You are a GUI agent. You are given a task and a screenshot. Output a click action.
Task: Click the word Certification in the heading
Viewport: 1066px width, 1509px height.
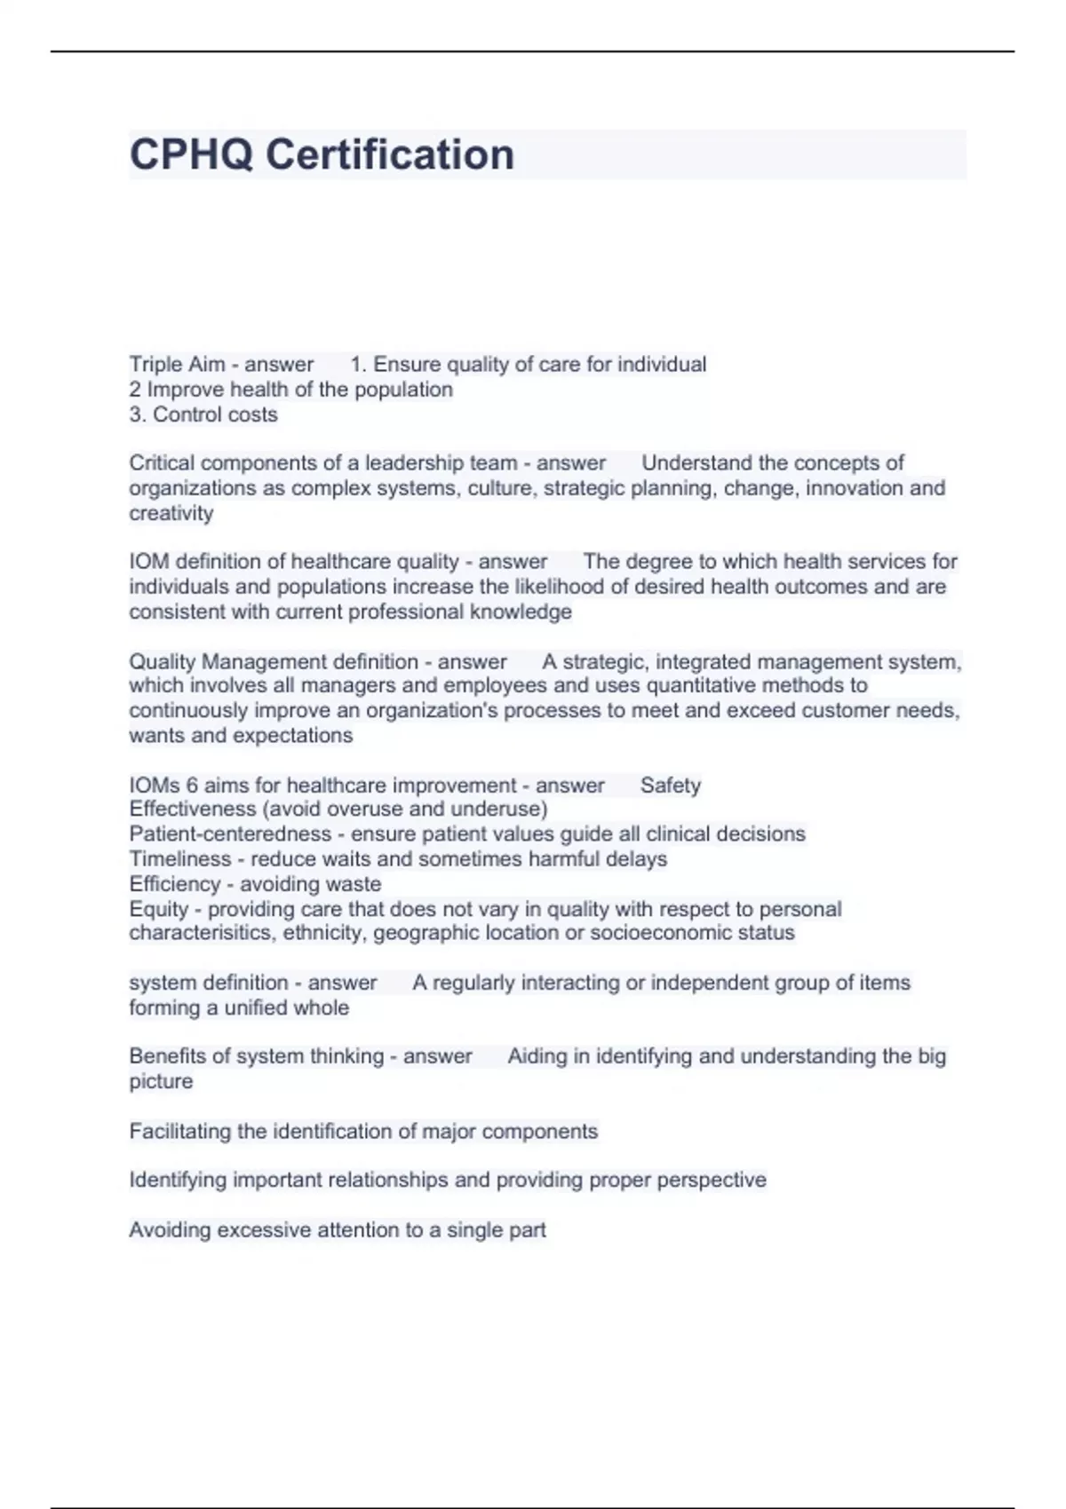(x=390, y=154)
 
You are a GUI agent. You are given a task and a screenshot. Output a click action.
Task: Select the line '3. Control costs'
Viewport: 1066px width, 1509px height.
(x=203, y=415)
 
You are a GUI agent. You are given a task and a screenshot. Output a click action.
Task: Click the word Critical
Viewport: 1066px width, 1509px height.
(x=160, y=463)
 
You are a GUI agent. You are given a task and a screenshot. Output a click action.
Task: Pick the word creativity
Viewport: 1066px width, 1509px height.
(x=171, y=513)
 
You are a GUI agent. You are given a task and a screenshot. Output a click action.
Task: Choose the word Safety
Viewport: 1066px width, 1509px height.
(x=671, y=786)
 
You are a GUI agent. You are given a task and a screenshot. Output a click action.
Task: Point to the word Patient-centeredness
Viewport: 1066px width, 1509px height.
(x=230, y=834)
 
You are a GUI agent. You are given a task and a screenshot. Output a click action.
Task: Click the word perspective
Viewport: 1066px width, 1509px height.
(x=712, y=1181)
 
